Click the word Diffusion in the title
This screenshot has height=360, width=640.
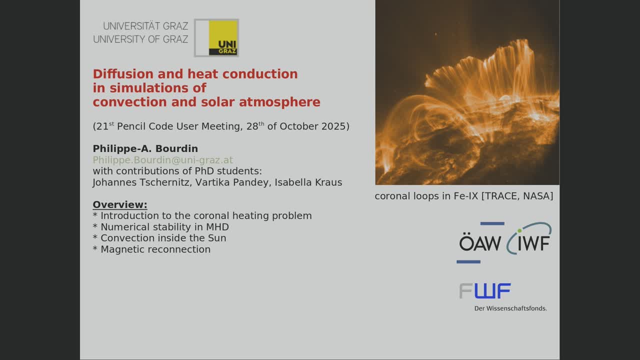click(x=123, y=74)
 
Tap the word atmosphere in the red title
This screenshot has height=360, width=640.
click(x=279, y=102)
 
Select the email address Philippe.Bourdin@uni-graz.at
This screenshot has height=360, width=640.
click(x=163, y=160)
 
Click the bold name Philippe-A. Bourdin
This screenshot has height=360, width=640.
click(x=145, y=148)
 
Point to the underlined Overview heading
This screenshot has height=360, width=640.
click(x=120, y=204)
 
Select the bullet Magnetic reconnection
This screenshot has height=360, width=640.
click(x=151, y=249)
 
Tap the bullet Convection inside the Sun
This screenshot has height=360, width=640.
click(x=159, y=238)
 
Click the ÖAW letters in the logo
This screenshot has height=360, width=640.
click(x=480, y=242)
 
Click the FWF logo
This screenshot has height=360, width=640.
click(x=485, y=291)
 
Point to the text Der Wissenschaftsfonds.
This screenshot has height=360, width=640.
click(x=510, y=308)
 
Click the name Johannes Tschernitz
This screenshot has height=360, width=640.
click(x=141, y=182)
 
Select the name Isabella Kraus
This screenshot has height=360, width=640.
click(x=308, y=182)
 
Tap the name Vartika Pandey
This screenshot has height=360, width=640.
click(x=233, y=182)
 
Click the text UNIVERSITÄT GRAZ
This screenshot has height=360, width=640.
click(x=145, y=26)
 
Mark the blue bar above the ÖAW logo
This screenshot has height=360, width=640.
click(x=492, y=223)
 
